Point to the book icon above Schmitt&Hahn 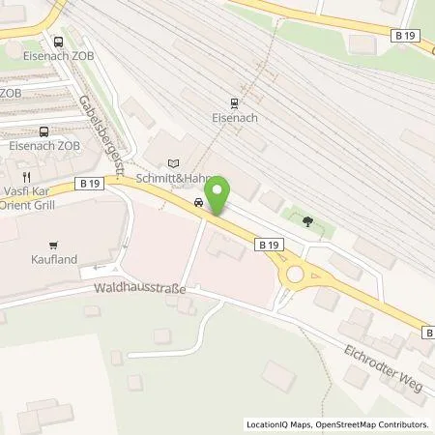(x=173, y=163)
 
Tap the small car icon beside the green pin (x=198, y=202)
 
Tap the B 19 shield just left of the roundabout (x=271, y=246)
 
